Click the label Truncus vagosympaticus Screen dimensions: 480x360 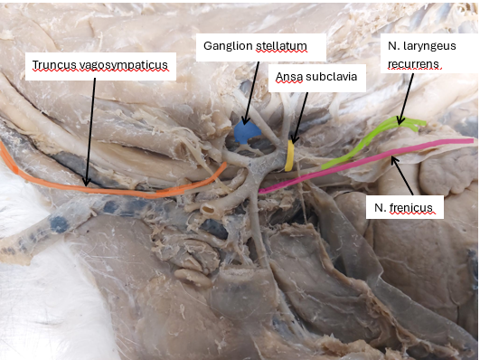(x=100, y=65)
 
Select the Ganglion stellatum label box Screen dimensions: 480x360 (x=261, y=47)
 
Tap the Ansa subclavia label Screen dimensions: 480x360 (x=317, y=78)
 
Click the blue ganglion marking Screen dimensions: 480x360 (x=247, y=132)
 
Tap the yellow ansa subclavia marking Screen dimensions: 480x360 (x=289, y=156)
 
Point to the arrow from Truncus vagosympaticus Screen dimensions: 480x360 (x=90, y=132)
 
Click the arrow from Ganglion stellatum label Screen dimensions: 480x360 (x=251, y=93)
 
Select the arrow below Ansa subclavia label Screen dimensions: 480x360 (x=300, y=118)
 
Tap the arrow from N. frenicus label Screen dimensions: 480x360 (x=402, y=175)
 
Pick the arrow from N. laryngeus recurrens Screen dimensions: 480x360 (x=406, y=99)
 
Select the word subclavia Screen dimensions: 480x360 (x=331, y=77)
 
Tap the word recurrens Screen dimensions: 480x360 (x=413, y=64)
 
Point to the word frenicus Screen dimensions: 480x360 (x=411, y=208)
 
